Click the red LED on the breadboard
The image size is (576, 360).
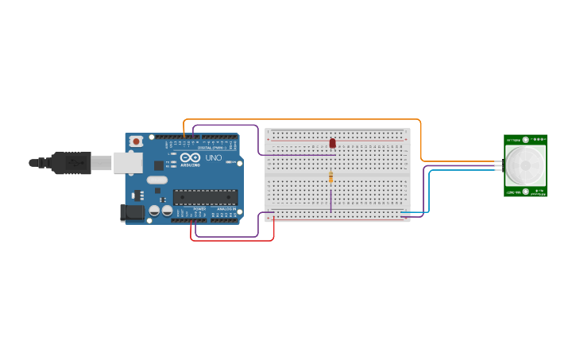tap(333, 143)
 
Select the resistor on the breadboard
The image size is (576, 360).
tap(331, 178)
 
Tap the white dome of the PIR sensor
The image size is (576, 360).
tap(525, 165)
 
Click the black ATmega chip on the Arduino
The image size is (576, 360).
tap(205, 196)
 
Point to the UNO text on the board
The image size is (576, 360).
tap(214, 157)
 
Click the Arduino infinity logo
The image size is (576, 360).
tap(191, 157)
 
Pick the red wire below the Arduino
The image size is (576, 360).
tap(232, 240)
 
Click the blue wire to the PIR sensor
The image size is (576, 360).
tap(430, 191)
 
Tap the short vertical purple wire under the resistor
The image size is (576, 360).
tap(331, 200)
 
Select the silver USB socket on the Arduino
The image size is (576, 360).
tap(126, 163)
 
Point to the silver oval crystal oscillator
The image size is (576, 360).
tap(157, 180)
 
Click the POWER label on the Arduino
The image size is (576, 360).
tap(199, 209)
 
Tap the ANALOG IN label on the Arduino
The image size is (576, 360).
tap(226, 209)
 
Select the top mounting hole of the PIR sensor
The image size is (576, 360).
tap(526, 139)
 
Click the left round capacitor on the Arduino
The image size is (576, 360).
tap(153, 211)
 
